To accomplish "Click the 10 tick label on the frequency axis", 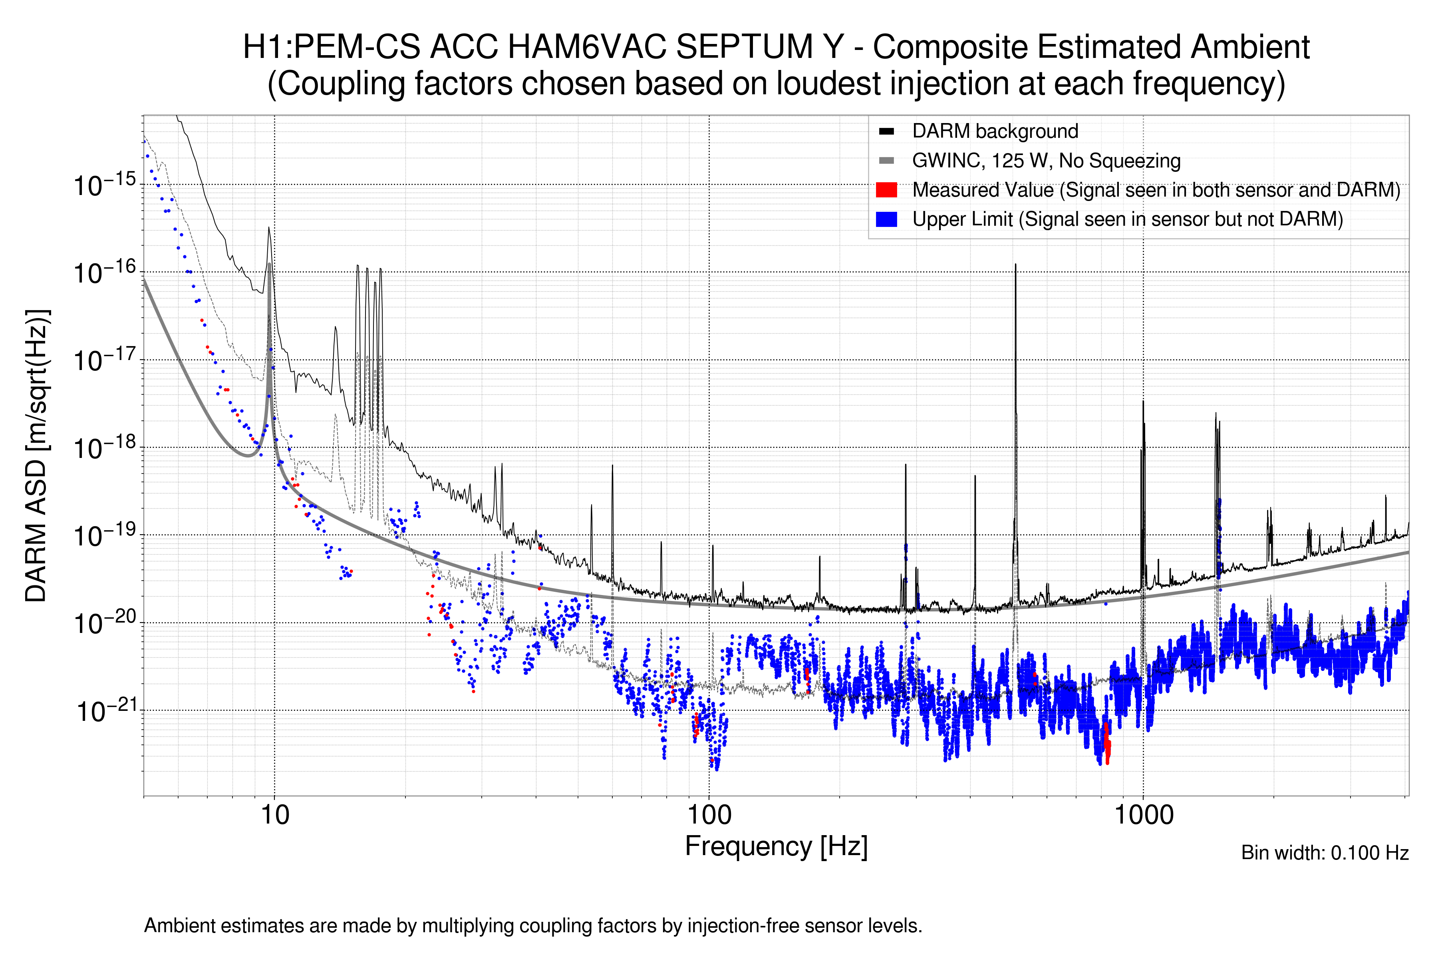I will pyautogui.click(x=274, y=815).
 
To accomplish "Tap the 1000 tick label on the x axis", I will pyautogui.click(x=1143, y=815).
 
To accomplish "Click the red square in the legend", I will pyautogui.click(x=886, y=190).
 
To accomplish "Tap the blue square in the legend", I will pyautogui.click(x=886, y=219).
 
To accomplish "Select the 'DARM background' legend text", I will pyautogui.click(x=995, y=131).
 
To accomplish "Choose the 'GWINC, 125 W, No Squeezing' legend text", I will pyautogui.click(x=1046, y=161).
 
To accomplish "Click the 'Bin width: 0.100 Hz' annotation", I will pyautogui.click(x=1324, y=853).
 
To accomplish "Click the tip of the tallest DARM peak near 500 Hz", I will pyautogui.click(x=1015, y=265).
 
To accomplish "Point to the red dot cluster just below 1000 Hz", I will pyautogui.click(x=1106, y=743).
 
